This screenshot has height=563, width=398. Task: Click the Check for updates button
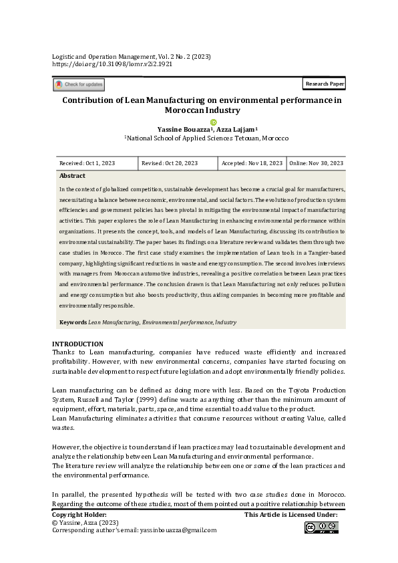79,84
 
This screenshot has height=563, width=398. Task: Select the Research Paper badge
324,84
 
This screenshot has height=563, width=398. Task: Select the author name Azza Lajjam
239,129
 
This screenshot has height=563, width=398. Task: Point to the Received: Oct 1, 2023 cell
87,163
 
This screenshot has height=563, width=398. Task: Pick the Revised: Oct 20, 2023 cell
169,163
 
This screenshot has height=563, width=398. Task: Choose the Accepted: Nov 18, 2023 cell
252,163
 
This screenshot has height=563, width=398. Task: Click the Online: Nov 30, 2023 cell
316,163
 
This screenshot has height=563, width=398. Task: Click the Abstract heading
72,176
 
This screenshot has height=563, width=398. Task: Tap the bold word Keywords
73,322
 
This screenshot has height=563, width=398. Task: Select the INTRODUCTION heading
77,344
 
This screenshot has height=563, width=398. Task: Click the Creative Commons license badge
321,528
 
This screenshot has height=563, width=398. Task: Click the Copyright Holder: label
79,514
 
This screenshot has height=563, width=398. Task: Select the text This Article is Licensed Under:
290,514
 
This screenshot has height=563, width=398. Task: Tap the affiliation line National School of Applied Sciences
206,138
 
